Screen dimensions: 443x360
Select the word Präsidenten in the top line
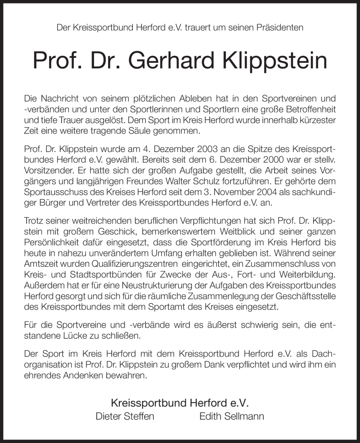click(280, 27)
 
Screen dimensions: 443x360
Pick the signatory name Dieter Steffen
click(125, 416)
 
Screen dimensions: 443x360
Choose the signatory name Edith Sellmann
click(232, 416)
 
